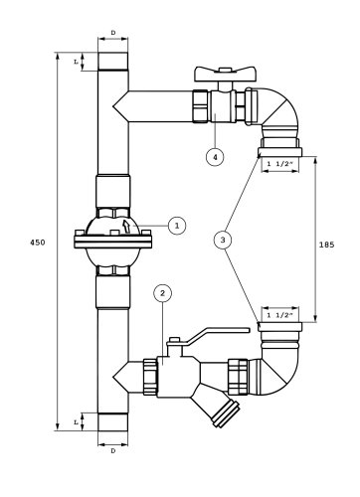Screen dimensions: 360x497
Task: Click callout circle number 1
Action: [x=177, y=226]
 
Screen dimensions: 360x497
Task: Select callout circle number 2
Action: [x=162, y=293]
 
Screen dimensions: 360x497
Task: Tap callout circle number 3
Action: [x=223, y=240]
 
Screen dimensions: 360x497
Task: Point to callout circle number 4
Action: [x=215, y=157]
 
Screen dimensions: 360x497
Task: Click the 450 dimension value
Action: [x=38, y=243]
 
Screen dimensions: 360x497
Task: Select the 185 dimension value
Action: [x=326, y=245]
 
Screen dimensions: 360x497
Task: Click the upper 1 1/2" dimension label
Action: [x=280, y=163]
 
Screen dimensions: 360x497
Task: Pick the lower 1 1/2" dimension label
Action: [x=280, y=315]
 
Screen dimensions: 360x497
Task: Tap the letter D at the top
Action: [x=113, y=33]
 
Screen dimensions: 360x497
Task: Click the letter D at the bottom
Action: [x=113, y=451]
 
